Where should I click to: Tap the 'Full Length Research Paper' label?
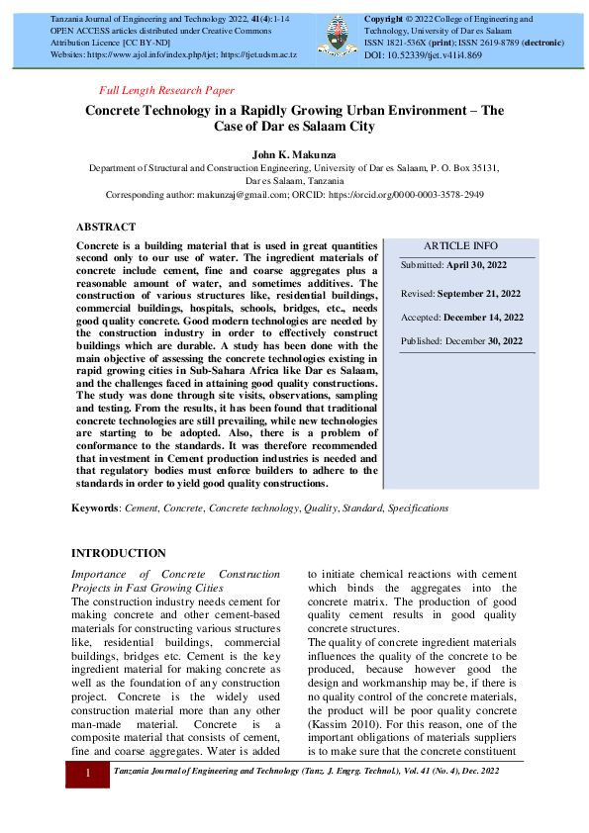point(167,90)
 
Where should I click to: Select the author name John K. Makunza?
point(294,154)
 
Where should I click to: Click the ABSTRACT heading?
point(106,227)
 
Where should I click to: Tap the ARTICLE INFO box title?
point(461,246)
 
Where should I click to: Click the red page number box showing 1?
point(88,772)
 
